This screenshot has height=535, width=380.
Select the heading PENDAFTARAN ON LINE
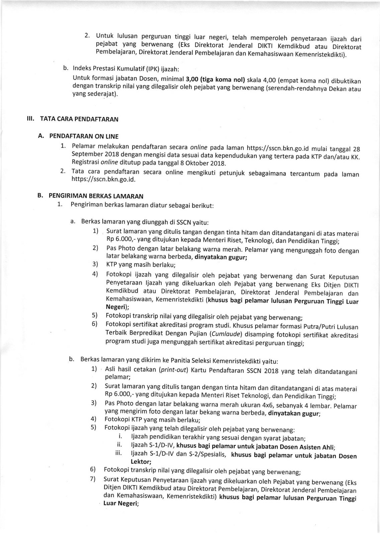83,136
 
